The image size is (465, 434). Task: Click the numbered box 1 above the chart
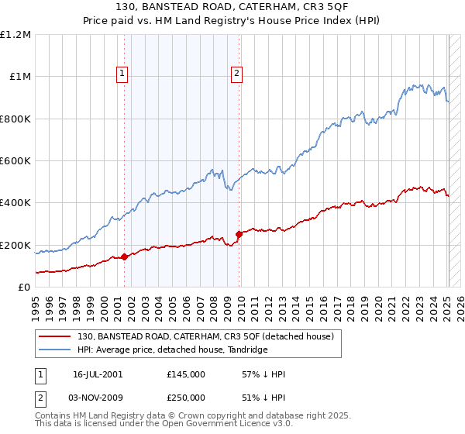tap(123, 74)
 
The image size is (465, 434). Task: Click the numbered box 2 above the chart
tap(236, 74)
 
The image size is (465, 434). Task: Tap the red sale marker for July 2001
tap(125, 257)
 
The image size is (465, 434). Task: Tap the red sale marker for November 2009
tap(239, 235)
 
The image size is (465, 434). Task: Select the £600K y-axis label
tap(15, 161)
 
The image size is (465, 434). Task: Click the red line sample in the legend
tap(55, 336)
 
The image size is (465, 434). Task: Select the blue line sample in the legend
tap(55, 350)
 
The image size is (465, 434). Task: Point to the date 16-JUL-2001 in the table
tap(98, 374)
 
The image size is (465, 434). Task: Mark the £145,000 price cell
tap(186, 374)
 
